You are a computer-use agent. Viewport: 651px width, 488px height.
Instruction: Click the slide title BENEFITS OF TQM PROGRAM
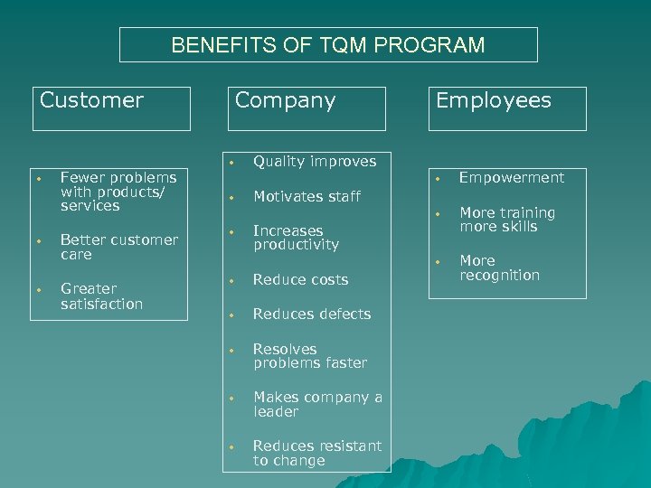(328, 45)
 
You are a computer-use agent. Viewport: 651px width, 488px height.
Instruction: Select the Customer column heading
(91, 100)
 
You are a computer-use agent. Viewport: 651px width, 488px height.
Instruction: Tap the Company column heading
(285, 100)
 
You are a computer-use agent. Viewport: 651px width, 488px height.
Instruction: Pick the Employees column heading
(493, 100)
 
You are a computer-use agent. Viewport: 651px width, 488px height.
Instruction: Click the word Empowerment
(511, 178)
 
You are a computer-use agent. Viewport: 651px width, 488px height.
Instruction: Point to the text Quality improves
(314, 162)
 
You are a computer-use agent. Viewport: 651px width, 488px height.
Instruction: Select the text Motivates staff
(307, 196)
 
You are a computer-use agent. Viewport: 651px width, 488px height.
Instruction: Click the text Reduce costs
(300, 279)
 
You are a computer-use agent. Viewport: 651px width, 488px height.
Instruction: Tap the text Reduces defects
(312, 314)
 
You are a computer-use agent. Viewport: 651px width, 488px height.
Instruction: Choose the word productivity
(296, 245)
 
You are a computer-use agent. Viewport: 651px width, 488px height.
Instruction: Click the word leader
(276, 412)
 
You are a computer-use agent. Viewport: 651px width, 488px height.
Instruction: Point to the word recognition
(499, 275)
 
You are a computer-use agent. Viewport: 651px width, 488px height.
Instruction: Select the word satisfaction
(101, 304)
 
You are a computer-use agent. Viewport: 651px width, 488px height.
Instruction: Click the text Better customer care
(118, 247)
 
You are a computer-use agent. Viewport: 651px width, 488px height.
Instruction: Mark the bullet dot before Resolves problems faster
(231, 349)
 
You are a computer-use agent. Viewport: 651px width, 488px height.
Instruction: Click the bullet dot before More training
(438, 213)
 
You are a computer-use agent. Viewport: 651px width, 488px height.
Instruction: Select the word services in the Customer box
(90, 206)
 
